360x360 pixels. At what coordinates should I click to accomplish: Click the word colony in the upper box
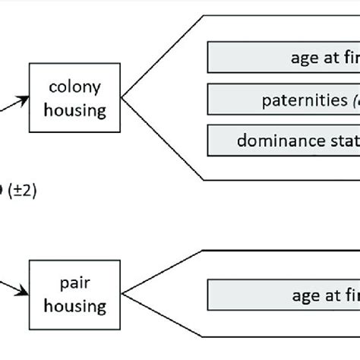click(76, 88)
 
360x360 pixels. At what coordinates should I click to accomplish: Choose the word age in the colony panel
click(304, 58)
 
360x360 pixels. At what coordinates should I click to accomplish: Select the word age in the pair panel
click(304, 296)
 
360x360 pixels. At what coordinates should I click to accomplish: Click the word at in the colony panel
click(331, 58)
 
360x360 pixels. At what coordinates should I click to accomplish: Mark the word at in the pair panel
click(331, 296)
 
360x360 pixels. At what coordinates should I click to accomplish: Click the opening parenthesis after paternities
click(349, 99)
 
